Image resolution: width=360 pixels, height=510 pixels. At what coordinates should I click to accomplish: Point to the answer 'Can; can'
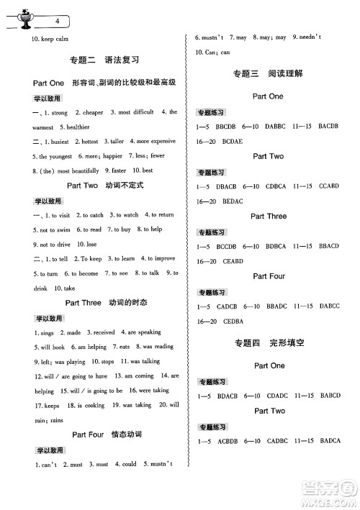coord(217,52)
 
